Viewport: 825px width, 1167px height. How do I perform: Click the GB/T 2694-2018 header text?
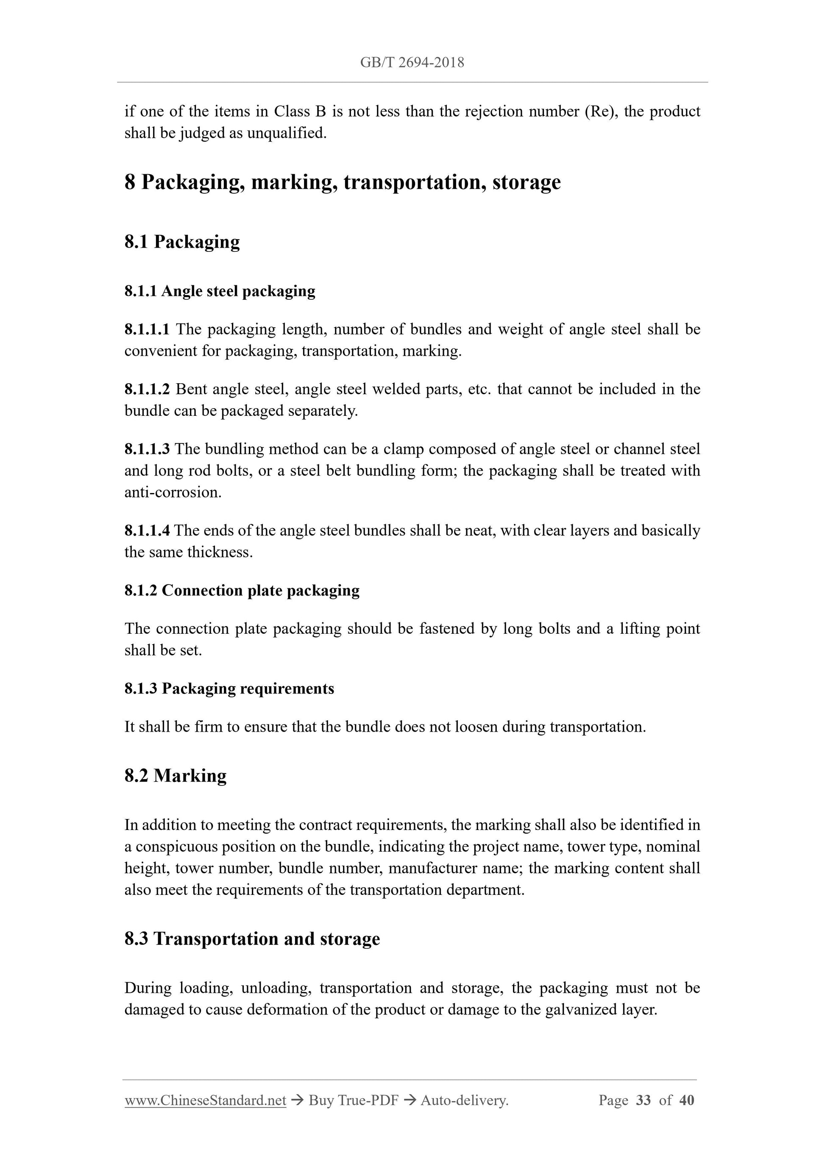tap(412, 62)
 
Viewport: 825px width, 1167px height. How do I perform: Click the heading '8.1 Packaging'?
tap(182, 242)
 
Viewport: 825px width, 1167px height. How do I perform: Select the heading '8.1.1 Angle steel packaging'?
tap(220, 291)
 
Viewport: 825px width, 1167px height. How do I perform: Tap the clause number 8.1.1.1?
tap(147, 329)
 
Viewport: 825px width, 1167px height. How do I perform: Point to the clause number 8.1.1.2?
tap(147, 389)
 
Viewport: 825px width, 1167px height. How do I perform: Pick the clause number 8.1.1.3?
tap(147, 449)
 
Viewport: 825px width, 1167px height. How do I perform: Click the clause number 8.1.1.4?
tap(147, 531)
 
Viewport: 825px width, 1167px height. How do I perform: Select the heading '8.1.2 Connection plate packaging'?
tap(242, 590)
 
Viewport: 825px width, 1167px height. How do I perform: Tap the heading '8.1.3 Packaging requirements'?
tap(229, 689)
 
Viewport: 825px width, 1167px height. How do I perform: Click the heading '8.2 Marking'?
tap(176, 776)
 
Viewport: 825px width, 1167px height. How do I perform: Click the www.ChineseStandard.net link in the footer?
tap(205, 1100)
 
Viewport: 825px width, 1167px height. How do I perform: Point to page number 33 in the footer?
tap(643, 1100)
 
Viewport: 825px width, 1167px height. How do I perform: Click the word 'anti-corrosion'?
tap(173, 493)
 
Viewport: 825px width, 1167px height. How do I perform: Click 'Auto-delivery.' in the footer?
tap(465, 1100)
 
